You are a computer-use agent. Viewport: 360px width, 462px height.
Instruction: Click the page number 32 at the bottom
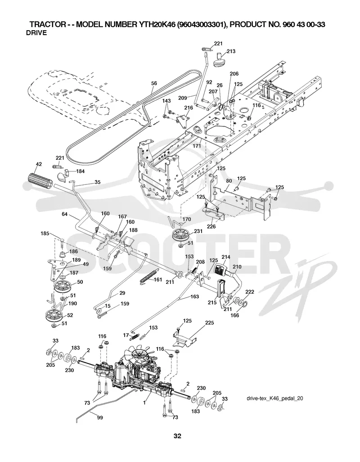point(177,436)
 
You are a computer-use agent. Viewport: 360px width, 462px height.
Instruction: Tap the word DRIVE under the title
point(36,33)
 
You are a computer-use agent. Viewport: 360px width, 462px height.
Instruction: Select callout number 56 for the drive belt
point(154,83)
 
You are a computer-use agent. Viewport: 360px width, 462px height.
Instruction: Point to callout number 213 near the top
point(231,51)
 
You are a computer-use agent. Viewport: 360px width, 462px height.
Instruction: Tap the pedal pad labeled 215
point(220,290)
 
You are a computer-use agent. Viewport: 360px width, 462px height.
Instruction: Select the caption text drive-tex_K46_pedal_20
point(275,399)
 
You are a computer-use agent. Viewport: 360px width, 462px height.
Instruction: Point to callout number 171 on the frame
point(197,146)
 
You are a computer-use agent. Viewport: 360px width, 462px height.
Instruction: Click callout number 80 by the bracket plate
point(229,181)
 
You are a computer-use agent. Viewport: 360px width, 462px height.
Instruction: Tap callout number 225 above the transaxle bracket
point(209,323)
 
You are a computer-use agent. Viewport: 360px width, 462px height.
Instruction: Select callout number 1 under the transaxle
point(144,403)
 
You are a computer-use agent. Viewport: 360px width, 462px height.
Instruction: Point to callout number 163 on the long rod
point(194,297)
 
